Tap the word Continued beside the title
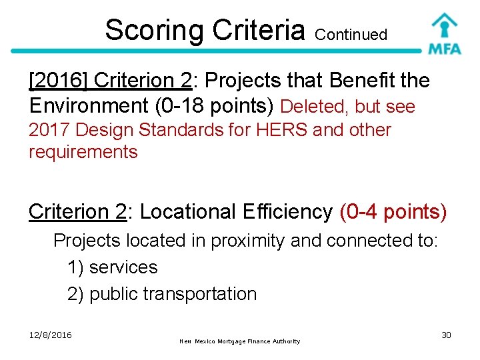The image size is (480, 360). [351, 35]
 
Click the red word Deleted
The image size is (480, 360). [315, 107]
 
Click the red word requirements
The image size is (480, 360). [83, 152]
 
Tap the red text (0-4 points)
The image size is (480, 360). [393, 212]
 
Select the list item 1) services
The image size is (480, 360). [112, 267]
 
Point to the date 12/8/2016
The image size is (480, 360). [51, 335]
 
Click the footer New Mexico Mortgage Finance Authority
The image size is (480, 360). [240, 341]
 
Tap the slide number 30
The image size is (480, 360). [446, 335]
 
